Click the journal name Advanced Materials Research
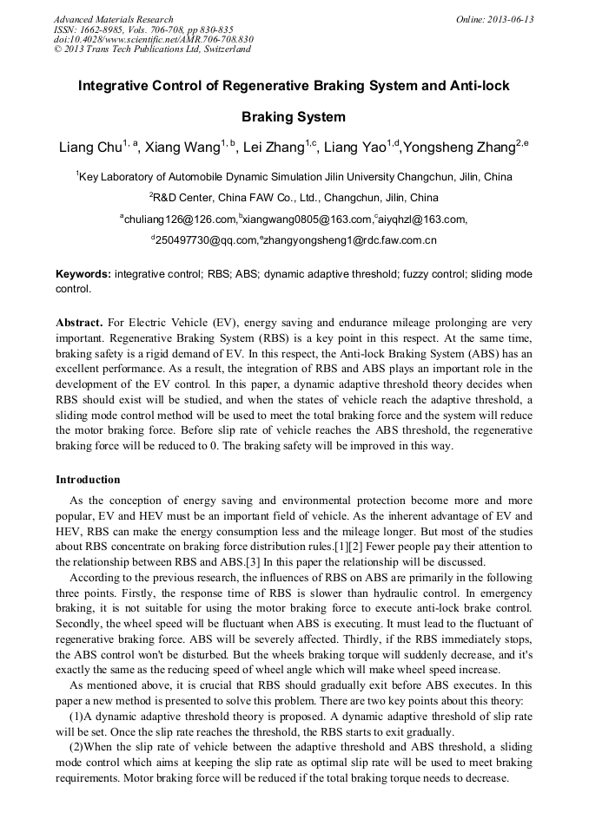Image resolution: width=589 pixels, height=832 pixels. click(113, 19)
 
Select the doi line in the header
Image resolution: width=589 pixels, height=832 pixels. click(153, 39)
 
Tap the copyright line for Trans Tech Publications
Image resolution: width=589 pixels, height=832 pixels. click(152, 49)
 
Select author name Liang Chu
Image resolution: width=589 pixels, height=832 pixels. click(89, 148)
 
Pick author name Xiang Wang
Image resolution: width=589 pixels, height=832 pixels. click(182, 148)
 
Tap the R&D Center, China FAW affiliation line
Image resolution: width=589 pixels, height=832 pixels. click(294, 198)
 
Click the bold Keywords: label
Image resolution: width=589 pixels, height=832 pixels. click(83, 273)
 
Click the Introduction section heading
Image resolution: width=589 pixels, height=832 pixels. click(88, 480)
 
